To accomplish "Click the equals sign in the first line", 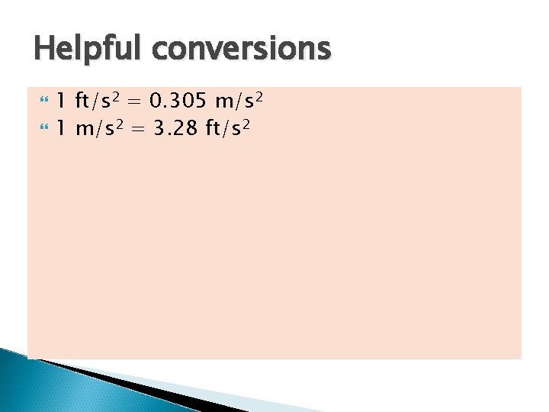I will (136, 101).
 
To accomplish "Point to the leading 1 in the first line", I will (61, 100).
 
